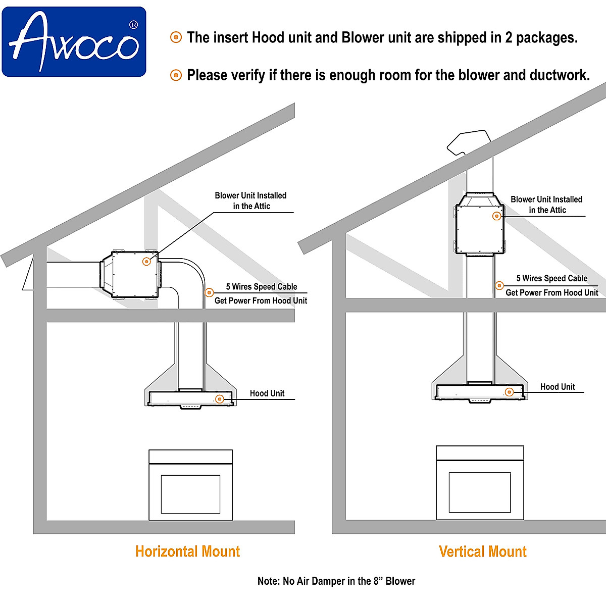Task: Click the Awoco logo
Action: click(74, 41)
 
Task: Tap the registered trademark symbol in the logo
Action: click(133, 24)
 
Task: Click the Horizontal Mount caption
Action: click(187, 551)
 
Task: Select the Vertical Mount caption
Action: click(482, 551)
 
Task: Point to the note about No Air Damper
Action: click(336, 581)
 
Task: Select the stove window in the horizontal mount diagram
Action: click(190, 494)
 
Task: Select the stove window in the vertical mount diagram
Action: click(479, 492)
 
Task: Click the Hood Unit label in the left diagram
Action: click(267, 393)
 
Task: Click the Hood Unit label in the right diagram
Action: click(558, 387)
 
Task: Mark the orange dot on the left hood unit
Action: click(220, 399)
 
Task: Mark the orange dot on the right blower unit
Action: click(496, 216)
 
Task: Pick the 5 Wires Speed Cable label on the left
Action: click(261, 287)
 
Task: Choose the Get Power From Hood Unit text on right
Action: click(551, 293)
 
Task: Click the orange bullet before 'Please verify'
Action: click(176, 75)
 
